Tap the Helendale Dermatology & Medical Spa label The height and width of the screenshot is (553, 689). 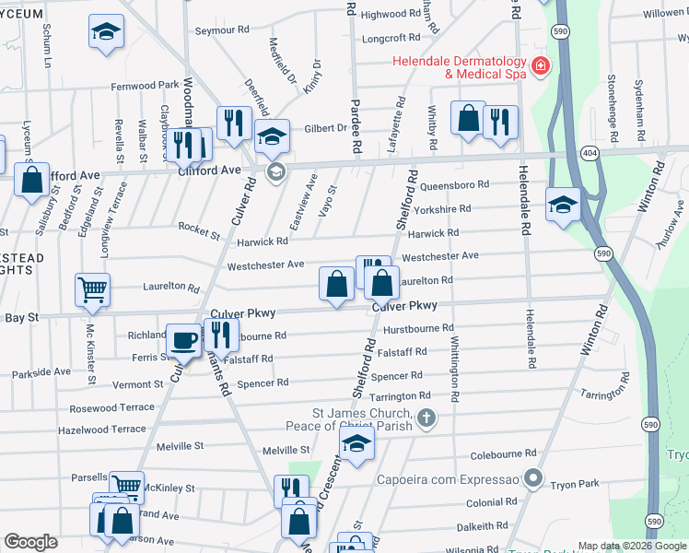[459, 67]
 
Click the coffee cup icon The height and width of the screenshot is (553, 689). [183, 339]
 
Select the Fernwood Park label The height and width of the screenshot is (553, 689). [145, 86]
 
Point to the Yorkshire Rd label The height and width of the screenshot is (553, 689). [446, 209]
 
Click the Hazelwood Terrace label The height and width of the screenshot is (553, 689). [101, 429]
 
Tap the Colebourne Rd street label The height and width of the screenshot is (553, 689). [502, 454]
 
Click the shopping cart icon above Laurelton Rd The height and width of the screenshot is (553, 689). [92, 289]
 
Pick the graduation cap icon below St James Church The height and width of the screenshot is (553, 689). [356, 446]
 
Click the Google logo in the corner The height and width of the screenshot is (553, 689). [30, 542]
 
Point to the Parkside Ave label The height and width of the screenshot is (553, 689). [41, 373]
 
